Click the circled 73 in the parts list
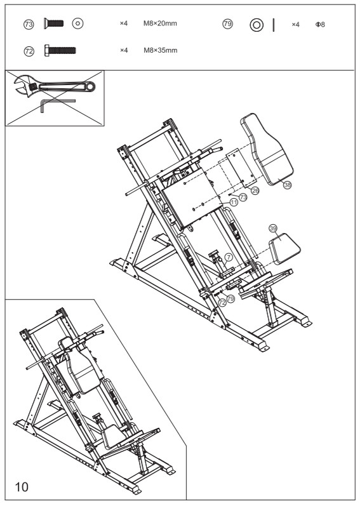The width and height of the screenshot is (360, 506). click(28, 24)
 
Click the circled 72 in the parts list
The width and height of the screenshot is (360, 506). click(28, 49)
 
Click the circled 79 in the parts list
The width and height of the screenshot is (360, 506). click(227, 24)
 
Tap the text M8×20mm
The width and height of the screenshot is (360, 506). click(159, 24)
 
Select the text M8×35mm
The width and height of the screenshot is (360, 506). click(159, 49)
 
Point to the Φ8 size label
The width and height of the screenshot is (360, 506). click(319, 24)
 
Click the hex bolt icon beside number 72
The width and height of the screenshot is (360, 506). click(60, 49)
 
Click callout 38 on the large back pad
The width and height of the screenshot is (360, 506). click(287, 184)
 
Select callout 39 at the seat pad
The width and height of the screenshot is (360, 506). click(273, 227)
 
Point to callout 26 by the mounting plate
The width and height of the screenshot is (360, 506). click(255, 190)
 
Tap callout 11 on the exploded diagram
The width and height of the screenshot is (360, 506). click(234, 202)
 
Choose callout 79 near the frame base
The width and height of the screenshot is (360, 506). click(230, 297)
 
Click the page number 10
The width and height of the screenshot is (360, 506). click(22, 486)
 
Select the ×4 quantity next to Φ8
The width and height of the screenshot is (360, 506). click(295, 24)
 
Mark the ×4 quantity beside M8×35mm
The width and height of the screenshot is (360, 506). click(124, 49)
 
